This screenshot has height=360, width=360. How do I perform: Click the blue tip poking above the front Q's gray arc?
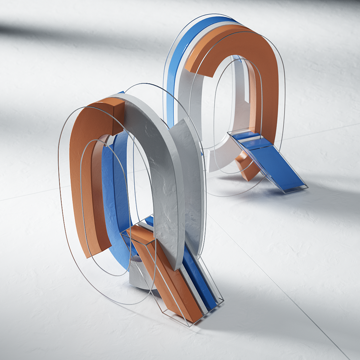click(x=121, y=93)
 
